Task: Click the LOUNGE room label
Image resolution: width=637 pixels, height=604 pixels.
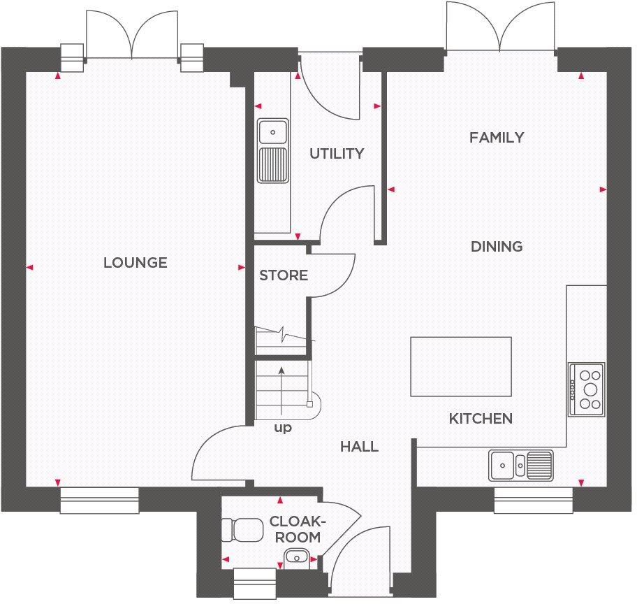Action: click(135, 263)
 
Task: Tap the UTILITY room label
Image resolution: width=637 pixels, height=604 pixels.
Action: click(337, 153)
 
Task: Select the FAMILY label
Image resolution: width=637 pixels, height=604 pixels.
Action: click(496, 138)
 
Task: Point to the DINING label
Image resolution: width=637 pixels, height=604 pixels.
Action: click(496, 247)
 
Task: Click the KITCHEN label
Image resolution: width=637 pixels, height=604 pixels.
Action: click(480, 419)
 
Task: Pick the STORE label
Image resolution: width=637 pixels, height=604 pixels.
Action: click(283, 275)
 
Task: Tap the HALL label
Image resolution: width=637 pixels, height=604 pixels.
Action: click(359, 446)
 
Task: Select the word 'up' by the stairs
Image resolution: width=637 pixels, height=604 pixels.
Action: click(282, 428)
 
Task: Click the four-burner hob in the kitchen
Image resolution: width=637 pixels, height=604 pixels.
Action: click(586, 389)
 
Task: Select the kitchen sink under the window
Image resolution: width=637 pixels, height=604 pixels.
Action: click(521, 464)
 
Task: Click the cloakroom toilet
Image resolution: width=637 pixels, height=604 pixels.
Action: click(238, 530)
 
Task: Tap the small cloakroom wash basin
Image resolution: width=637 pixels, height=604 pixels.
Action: click(296, 556)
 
